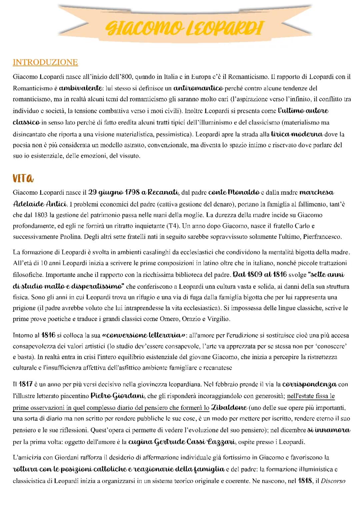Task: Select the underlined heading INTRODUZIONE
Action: coord(45,62)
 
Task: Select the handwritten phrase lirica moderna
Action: coord(297,134)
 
